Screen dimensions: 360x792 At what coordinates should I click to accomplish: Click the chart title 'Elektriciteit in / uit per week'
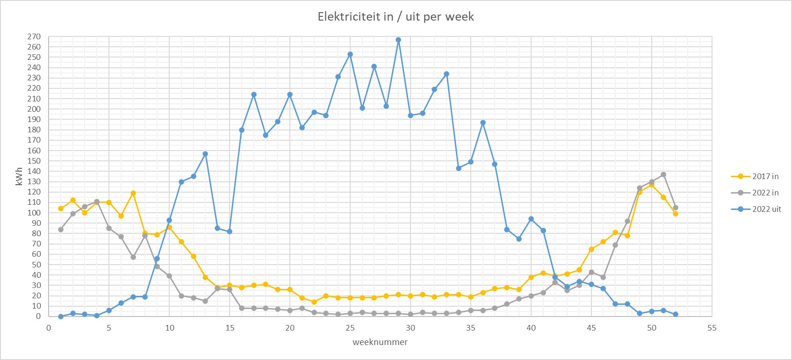point(396,17)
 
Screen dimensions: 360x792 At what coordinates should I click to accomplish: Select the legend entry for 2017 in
point(756,176)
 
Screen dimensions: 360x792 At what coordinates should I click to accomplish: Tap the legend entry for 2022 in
point(756,193)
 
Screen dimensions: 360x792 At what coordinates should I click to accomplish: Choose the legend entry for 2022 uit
point(756,209)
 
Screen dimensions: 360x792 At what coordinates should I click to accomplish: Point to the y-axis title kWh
point(19,176)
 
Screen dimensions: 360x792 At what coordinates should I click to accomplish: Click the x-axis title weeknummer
point(380,342)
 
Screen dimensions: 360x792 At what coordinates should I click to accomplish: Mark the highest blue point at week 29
point(398,40)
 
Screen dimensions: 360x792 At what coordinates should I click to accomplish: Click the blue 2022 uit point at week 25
point(350,54)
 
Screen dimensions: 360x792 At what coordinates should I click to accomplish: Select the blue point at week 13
point(205,154)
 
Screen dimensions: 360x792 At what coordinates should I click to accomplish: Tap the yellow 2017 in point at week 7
point(133,193)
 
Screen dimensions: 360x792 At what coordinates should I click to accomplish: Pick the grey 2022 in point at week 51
point(663,174)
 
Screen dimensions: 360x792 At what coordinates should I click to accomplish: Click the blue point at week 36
point(483,122)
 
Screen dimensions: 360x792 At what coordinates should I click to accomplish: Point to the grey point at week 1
point(61,230)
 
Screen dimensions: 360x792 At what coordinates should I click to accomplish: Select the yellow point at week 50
point(652,185)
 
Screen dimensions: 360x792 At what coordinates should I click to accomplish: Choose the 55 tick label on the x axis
point(712,328)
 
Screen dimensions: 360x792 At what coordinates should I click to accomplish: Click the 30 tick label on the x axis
point(410,328)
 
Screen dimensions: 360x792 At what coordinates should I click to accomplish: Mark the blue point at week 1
point(61,317)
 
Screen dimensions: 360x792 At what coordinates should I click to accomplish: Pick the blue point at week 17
point(254,94)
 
